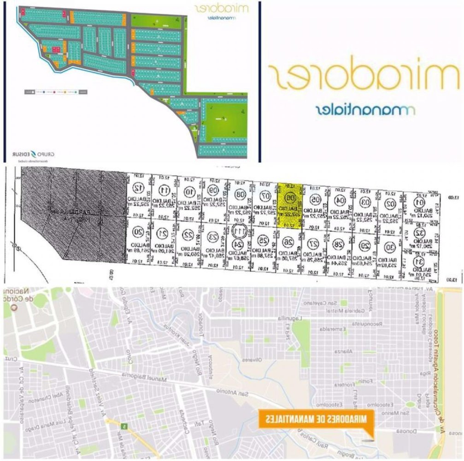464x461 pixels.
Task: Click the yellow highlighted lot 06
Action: pyautogui.click(x=289, y=205)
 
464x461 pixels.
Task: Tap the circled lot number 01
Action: pyautogui.click(x=419, y=202)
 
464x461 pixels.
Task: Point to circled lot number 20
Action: pyautogui.click(x=137, y=231)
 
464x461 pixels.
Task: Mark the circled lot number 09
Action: pyautogui.click(x=213, y=189)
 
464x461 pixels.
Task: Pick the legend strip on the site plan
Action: pyautogui.click(x=56, y=92)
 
